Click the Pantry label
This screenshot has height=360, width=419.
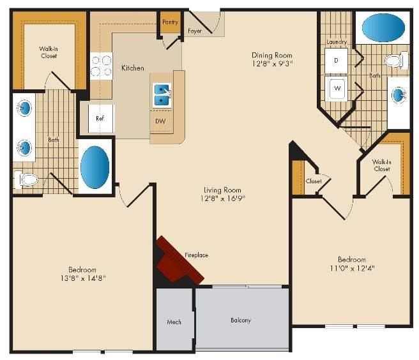coord(170,22)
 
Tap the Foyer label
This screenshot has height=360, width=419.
coord(195,31)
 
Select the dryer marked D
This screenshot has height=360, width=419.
coord(336,61)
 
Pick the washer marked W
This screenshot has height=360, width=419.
coord(336,88)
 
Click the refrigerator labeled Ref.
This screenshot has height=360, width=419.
coord(101,118)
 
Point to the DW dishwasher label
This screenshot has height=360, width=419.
coord(160,121)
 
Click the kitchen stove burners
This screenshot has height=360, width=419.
coord(102,66)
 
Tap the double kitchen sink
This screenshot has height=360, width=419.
coord(162,95)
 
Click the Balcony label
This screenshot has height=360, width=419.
coord(241,320)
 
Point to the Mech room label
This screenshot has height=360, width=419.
coord(174,322)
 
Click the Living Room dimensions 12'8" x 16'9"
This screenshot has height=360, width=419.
coord(223,199)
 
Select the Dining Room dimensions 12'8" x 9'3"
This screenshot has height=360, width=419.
coord(272,64)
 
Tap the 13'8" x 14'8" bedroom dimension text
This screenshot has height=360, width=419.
coord(83,278)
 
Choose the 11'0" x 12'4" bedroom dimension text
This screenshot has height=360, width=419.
coord(352,268)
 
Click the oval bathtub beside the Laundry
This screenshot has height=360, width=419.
coord(383,28)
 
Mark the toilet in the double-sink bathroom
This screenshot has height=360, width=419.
coord(26,180)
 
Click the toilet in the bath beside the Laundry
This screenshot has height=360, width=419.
coord(396,61)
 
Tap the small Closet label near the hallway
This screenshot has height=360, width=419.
coord(314,181)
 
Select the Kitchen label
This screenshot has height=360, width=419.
coord(133,68)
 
